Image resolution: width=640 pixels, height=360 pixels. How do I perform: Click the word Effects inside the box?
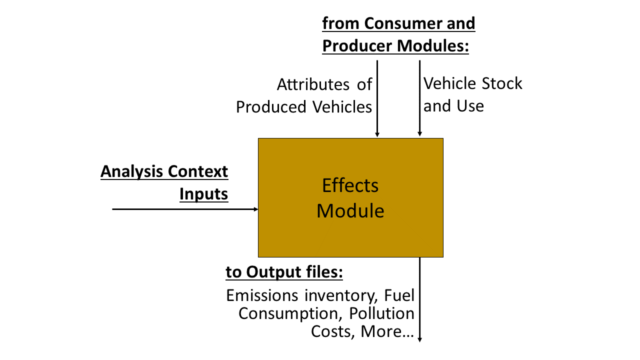pyautogui.click(x=350, y=185)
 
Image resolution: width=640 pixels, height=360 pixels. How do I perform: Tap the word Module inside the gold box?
pyautogui.click(x=350, y=211)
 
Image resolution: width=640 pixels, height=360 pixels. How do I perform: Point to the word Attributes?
pyautogui.click(x=313, y=84)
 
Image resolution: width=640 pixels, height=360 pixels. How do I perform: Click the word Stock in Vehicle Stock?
pyautogui.click(x=502, y=83)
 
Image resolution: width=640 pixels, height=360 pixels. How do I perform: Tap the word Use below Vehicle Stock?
pyautogui.click(x=470, y=106)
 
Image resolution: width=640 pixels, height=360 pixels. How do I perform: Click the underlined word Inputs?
pyautogui.click(x=203, y=194)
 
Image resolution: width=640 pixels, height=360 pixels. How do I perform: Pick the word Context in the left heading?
pyautogui.click(x=197, y=171)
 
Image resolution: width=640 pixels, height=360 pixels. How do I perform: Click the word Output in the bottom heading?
pyautogui.click(x=273, y=272)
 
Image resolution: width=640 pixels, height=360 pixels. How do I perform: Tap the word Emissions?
pyautogui.click(x=262, y=295)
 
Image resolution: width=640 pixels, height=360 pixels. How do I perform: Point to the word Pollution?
pyautogui.click(x=381, y=313)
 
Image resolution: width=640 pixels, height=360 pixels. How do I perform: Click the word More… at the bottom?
pyautogui.click(x=387, y=331)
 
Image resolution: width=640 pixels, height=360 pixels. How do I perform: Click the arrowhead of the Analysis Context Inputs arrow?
pyautogui.click(x=256, y=209)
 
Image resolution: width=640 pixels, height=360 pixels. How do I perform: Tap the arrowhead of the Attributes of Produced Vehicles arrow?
pyautogui.click(x=377, y=134)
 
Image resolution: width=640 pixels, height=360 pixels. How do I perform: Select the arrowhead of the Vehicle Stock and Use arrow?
pyautogui.click(x=419, y=133)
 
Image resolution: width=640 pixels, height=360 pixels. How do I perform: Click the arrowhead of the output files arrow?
pyautogui.click(x=419, y=339)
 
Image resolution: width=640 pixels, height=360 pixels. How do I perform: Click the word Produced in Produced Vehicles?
pyautogui.click(x=271, y=107)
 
